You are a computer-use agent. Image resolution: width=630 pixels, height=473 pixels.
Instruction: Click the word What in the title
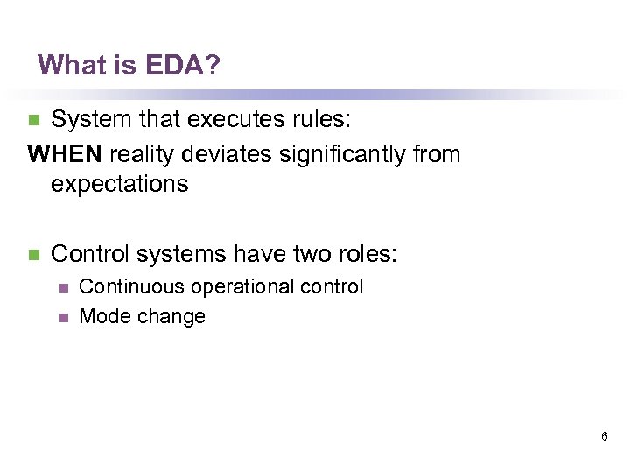(65, 65)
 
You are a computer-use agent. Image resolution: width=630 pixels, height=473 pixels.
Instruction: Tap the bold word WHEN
(66, 154)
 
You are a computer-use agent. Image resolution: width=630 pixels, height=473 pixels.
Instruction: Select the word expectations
(119, 185)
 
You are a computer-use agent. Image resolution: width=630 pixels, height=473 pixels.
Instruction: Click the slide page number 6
(605, 435)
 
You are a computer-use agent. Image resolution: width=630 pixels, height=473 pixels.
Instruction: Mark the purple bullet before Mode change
(62, 317)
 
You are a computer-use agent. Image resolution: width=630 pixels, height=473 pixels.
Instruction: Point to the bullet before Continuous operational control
(62, 287)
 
